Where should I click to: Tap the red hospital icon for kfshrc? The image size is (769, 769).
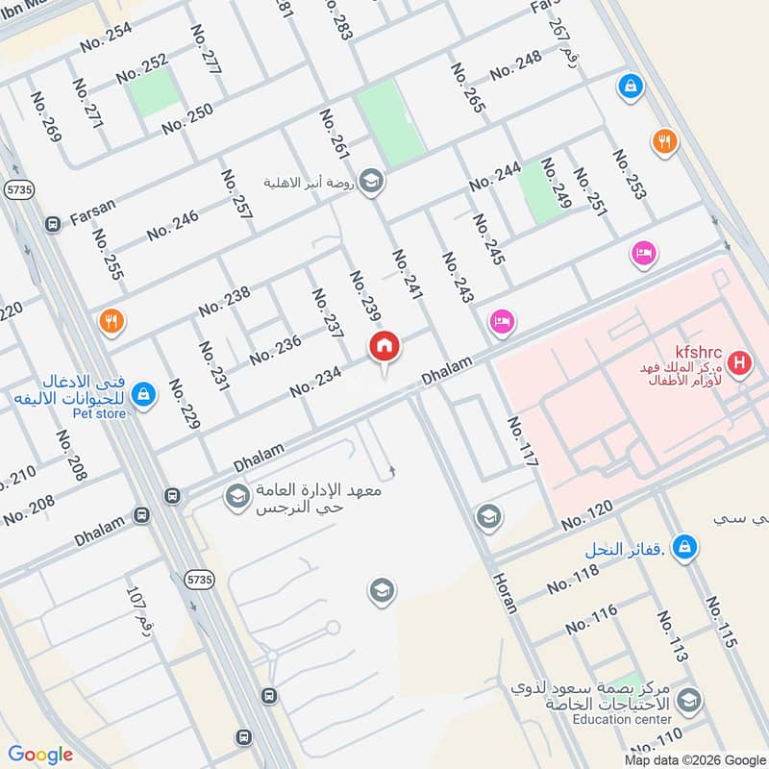[x=739, y=363]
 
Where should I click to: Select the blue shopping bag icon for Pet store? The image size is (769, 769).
[x=143, y=394]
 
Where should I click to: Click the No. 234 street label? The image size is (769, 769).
[x=316, y=381]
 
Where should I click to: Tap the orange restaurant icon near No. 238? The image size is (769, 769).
[x=112, y=321]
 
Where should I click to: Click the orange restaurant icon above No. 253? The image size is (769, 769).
[x=664, y=143]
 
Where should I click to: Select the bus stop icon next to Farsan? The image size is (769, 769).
[x=53, y=224]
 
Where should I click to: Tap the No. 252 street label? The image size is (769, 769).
[x=142, y=68]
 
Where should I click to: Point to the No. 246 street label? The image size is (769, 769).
[x=173, y=225]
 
